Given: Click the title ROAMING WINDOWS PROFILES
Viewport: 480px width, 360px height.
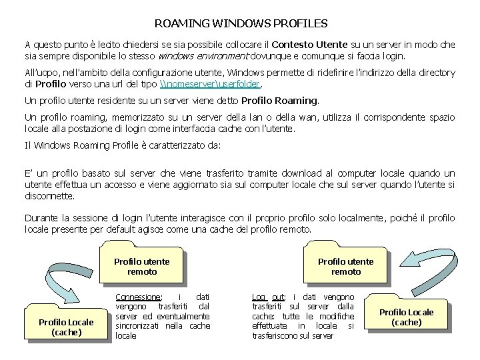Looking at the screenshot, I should pyautogui.click(x=241, y=23).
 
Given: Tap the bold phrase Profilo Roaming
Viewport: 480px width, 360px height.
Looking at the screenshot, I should pyautogui.click(x=279, y=101).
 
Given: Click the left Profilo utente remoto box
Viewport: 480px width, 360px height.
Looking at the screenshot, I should pyautogui.click(x=142, y=267).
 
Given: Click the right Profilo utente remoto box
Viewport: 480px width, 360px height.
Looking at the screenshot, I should pyautogui.click(x=346, y=267).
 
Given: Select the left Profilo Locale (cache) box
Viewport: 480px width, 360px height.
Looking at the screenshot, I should pyautogui.click(x=66, y=327).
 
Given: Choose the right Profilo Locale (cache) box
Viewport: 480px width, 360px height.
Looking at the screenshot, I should pyautogui.click(x=407, y=317).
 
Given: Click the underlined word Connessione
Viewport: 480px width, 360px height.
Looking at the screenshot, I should pyautogui.click(x=138, y=297).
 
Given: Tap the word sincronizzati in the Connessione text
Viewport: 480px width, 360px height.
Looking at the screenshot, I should pyautogui.click(x=138, y=325).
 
